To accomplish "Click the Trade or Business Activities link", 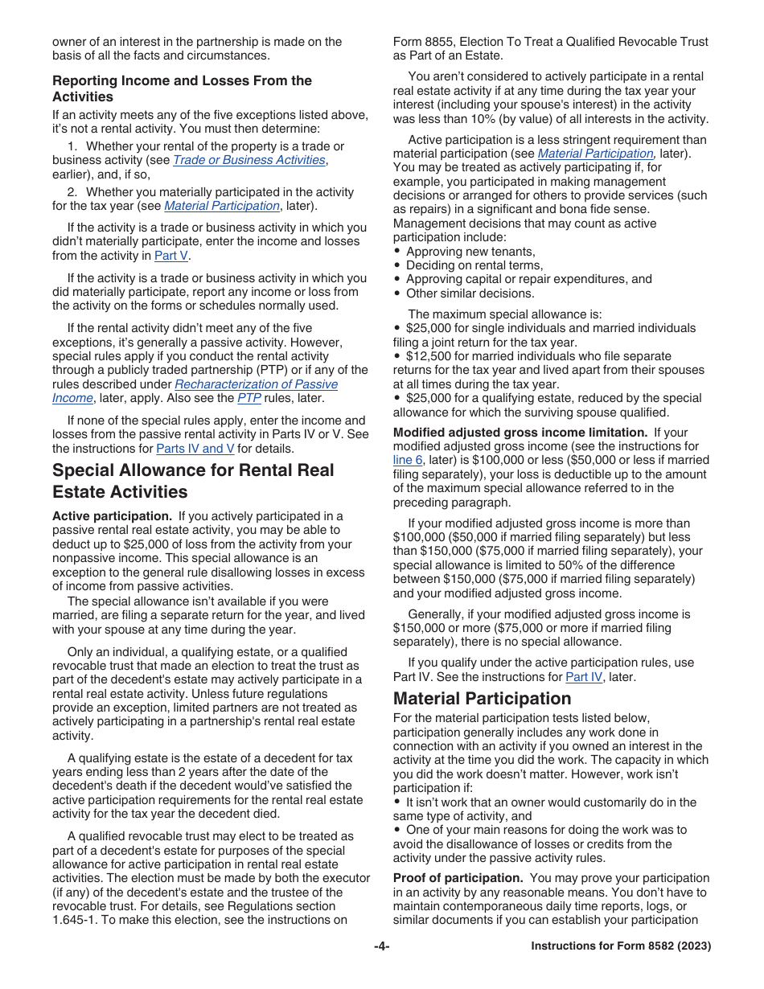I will click(249, 160).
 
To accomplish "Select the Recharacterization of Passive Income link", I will click(256, 384).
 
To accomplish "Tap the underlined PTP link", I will click(249, 398).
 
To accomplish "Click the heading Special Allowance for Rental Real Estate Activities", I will click(193, 481).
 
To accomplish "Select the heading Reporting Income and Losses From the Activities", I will click(182, 88).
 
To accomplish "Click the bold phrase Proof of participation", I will click(458, 878).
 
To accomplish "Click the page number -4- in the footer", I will click(381, 946).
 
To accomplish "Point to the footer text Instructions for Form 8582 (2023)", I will click(621, 946).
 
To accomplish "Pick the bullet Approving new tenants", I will click(470, 251).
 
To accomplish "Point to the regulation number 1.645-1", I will click(76, 921).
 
